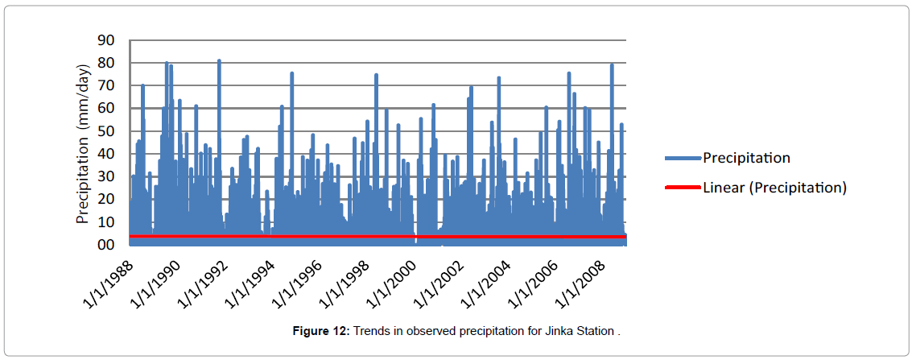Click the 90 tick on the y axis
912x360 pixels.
[107, 39]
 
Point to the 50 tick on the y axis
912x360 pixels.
[107, 130]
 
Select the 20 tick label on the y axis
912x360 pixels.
[107, 199]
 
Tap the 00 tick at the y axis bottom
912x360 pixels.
[107, 245]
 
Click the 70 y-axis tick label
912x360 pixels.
[107, 85]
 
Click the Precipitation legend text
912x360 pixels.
[746, 158]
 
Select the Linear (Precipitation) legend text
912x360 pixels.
[774, 188]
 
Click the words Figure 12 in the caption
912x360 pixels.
[320, 331]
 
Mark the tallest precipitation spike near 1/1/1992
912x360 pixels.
[219, 61]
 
